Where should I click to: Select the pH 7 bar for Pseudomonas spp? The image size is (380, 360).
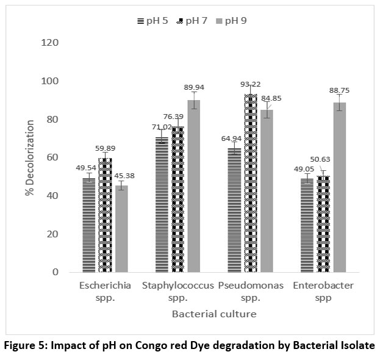[x=251, y=183]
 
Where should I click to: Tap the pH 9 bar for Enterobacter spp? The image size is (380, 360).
[x=339, y=187]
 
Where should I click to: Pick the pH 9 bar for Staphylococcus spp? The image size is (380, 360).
[x=194, y=186]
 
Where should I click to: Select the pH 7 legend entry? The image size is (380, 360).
[x=192, y=21]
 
